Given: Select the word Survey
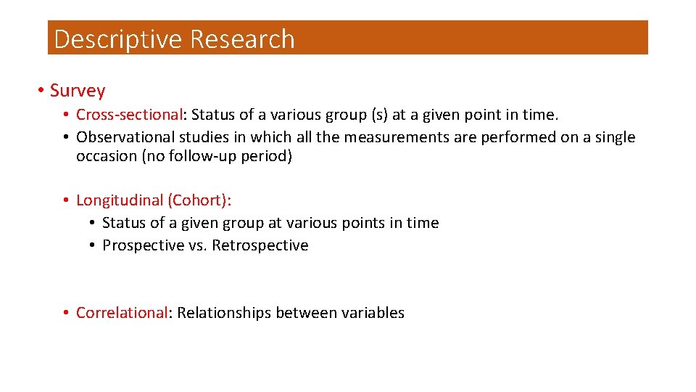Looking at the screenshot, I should tap(78, 91).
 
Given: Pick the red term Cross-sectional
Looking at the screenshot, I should tap(129, 115).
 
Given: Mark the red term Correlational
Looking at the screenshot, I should tap(122, 313).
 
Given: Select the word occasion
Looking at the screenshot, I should tap(103, 156).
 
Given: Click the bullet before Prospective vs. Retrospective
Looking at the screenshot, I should tap(93, 245).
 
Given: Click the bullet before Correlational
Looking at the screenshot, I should tap(66, 313).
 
